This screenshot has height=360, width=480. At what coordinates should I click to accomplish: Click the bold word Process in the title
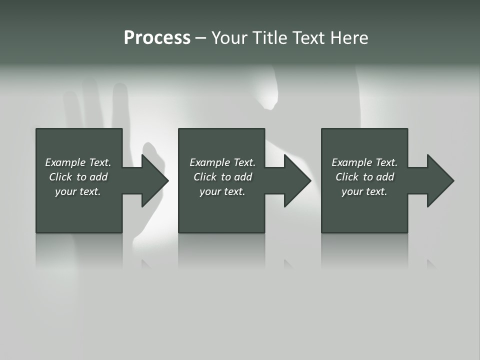157,38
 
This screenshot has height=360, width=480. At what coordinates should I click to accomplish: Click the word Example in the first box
65,162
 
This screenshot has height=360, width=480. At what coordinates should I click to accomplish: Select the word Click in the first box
60,177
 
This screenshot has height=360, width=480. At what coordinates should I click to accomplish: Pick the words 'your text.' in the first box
78,191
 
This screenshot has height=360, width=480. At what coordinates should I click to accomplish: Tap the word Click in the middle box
205,177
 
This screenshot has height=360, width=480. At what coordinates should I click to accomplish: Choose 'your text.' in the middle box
222,191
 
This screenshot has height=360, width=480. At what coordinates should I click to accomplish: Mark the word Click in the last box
347,177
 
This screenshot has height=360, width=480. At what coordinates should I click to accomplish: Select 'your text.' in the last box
364,191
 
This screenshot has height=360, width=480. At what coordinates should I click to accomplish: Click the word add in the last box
385,177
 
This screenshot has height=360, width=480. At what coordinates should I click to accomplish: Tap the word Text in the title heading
309,38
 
